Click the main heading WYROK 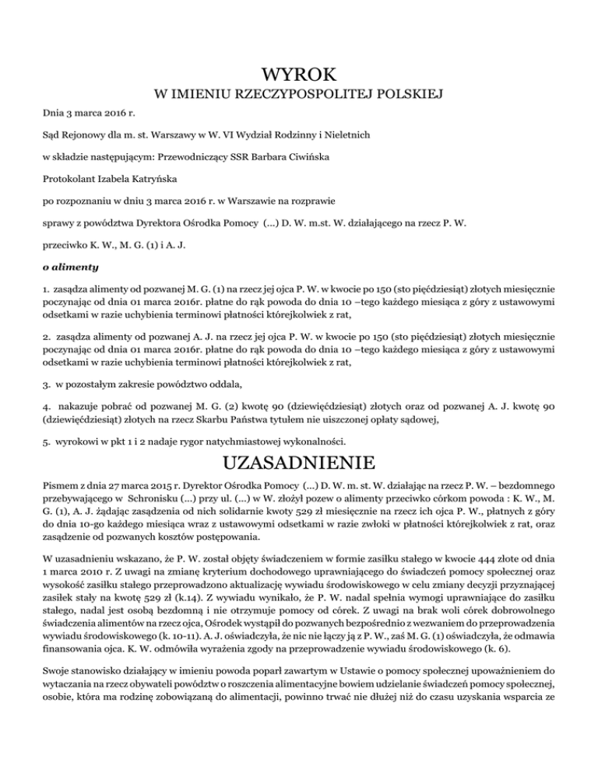click(299, 75)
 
